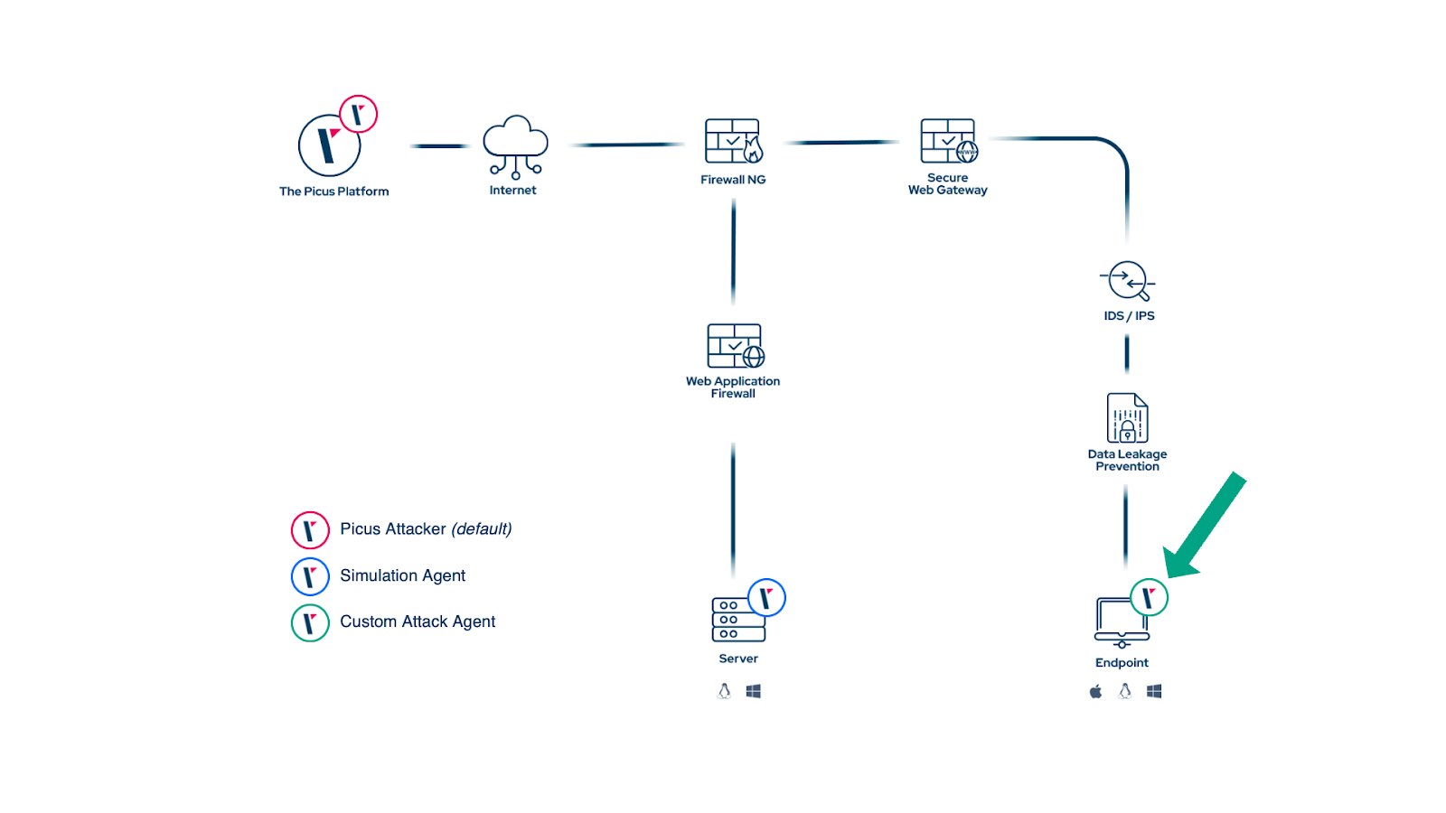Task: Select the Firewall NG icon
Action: tap(733, 142)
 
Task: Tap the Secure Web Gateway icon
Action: tap(948, 142)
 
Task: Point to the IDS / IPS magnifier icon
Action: tap(1127, 281)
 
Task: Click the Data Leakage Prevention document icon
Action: tap(1127, 418)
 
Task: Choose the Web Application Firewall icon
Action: tap(735, 346)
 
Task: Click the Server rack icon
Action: tap(737, 621)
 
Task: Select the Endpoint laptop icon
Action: tap(1120, 621)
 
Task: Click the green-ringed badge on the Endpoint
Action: tap(1149, 597)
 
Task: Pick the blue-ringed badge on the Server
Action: tap(766, 597)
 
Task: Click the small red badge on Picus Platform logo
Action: tap(358, 115)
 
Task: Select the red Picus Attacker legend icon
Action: tap(310, 530)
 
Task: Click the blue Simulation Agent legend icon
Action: tap(310, 576)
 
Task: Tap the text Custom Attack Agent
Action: tap(418, 621)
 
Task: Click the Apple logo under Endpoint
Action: tap(1095, 691)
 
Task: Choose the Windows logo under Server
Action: tap(753, 691)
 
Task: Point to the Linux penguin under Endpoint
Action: tap(1124, 691)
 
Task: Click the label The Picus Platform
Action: tap(333, 192)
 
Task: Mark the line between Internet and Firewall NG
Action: tap(625, 145)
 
